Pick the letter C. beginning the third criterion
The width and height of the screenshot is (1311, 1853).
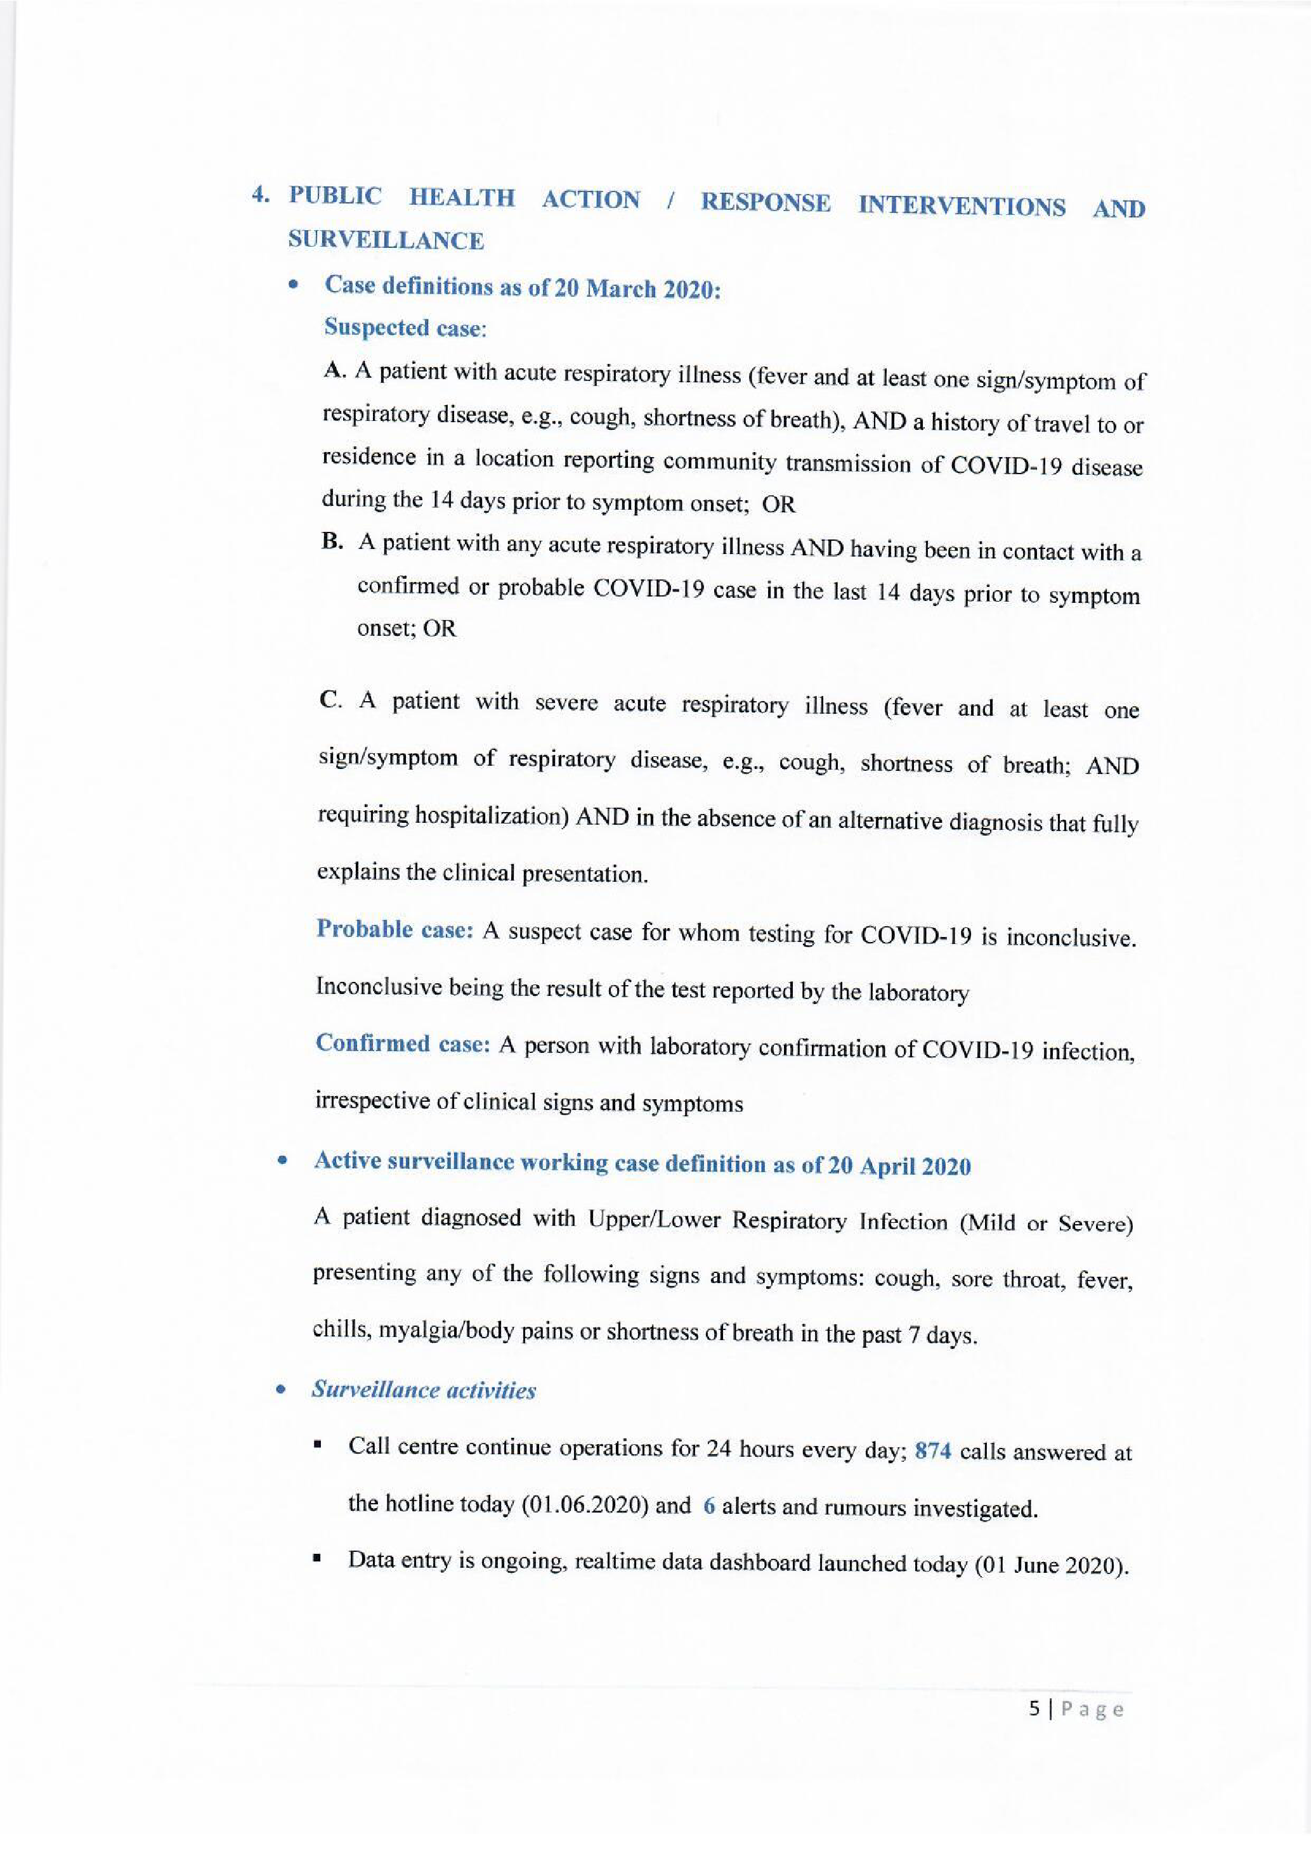[x=331, y=701]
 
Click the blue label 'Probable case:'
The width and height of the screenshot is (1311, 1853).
[x=394, y=930]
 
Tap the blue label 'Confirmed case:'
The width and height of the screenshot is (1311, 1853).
[x=403, y=1043]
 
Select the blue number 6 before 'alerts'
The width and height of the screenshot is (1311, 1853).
[x=709, y=1507]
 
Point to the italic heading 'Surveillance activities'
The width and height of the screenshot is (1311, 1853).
[x=424, y=1391]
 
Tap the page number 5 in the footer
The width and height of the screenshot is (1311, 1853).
[x=1035, y=1708]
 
